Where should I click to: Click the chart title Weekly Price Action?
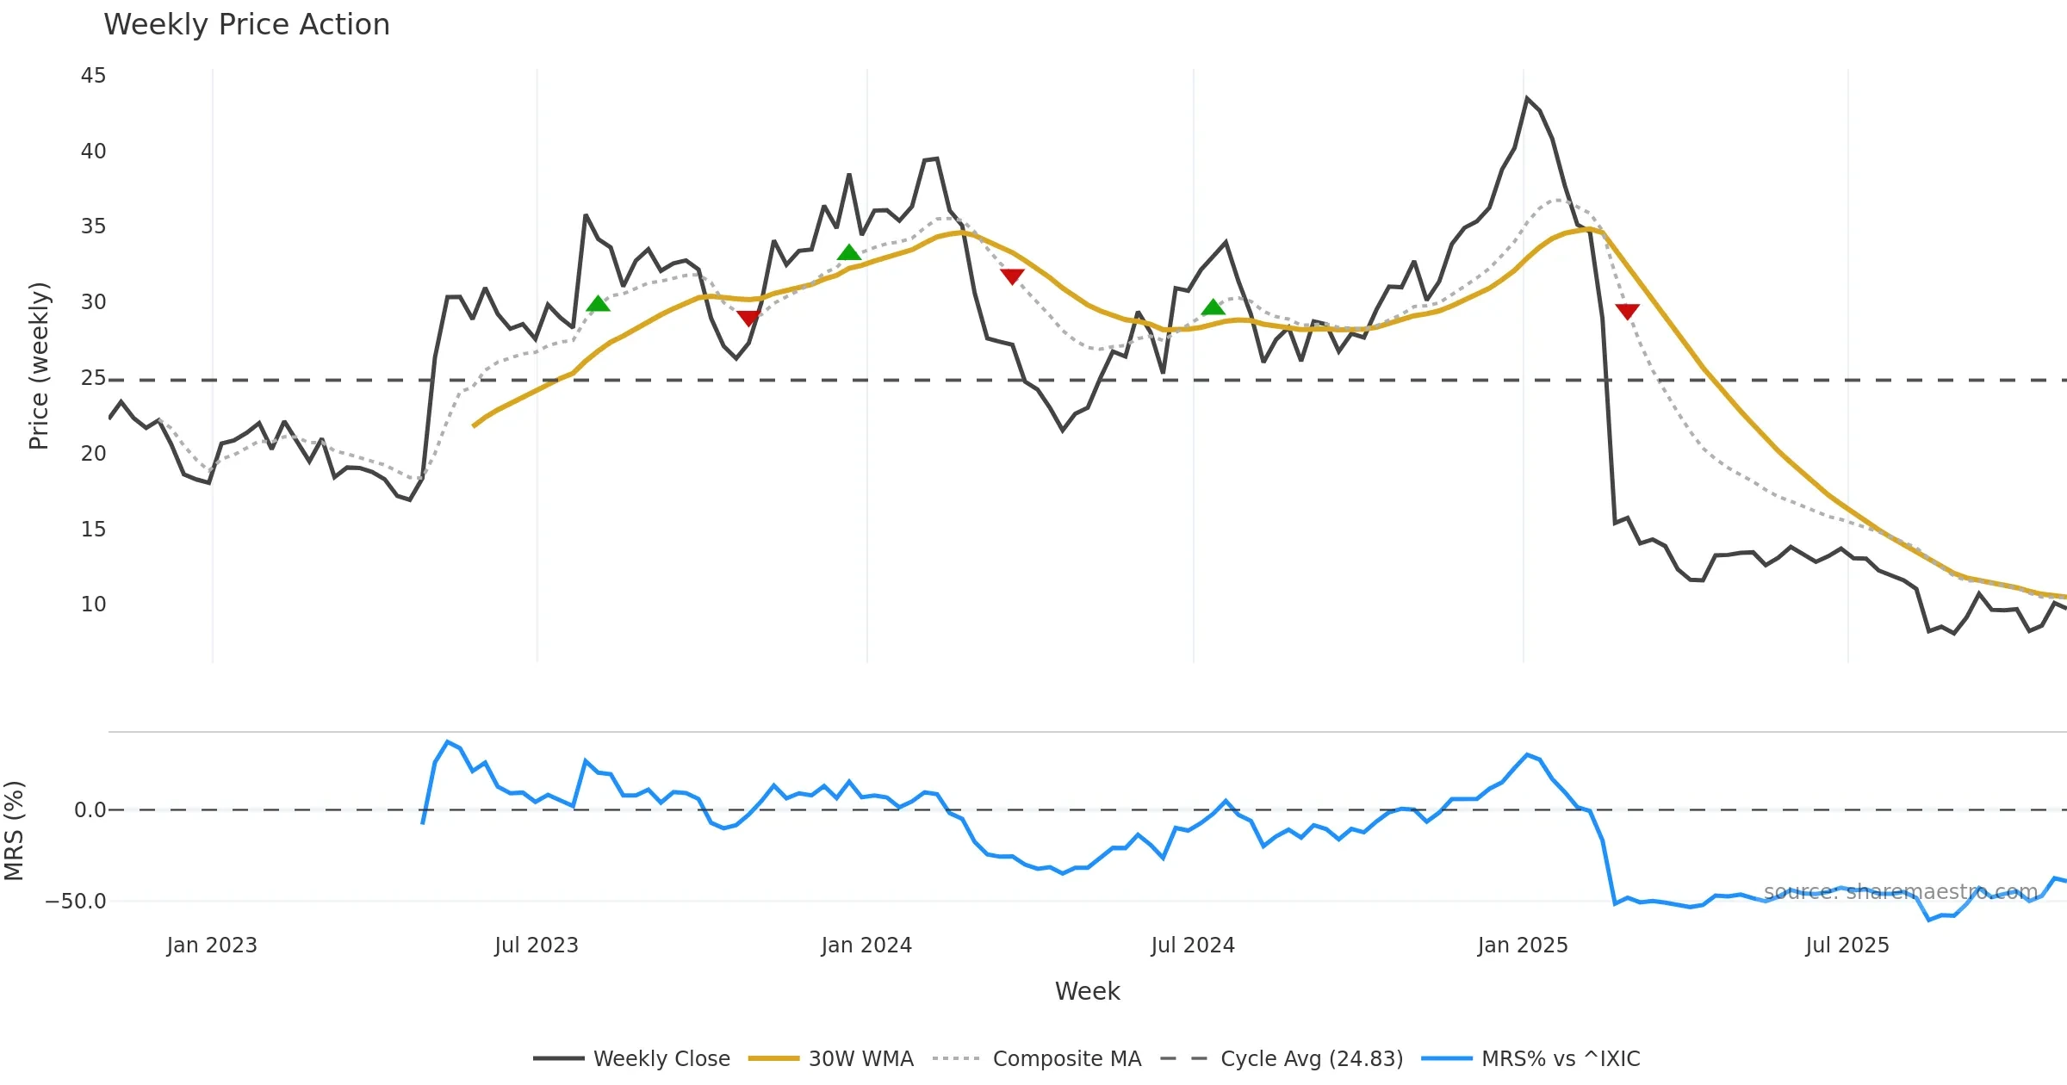click(x=246, y=25)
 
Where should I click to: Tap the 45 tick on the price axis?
click(x=93, y=76)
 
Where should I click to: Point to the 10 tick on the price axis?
click(x=93, y=604)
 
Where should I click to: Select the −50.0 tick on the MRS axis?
click(x=76, y=902)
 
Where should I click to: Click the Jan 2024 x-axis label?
click(x=866, y=945)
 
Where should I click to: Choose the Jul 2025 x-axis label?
click(x=1847, y=945)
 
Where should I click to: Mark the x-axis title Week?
click(x=1087, y=991)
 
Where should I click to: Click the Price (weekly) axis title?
click(x=39, y=366)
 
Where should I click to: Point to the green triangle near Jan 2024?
click(x=849, y=252)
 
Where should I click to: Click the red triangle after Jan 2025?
click(x=1627, y=311)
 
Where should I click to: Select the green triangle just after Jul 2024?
click(x=1213, y=307)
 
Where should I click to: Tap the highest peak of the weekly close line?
click(x=1527, y=99)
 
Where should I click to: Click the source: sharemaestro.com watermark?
click(x=1901, y=892)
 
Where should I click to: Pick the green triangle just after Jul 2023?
click(x=598, y=303)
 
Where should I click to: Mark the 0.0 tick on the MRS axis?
click(x=90, y=810)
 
